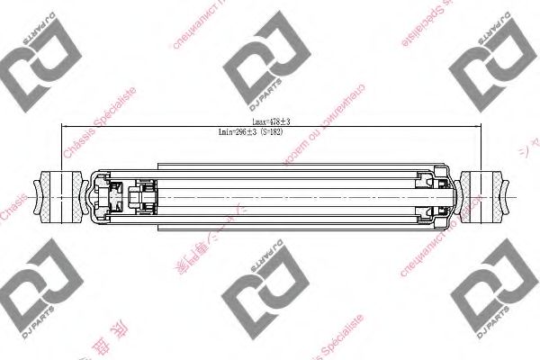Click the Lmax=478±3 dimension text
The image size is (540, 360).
[270, 121]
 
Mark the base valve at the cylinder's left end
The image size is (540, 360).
[113, 194]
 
